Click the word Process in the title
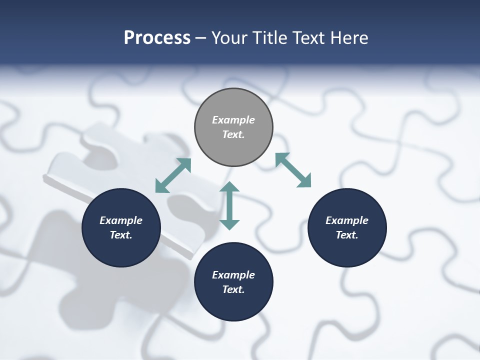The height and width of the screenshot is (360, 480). click(157, 38)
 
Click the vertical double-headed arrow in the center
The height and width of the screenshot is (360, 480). click(229, 205)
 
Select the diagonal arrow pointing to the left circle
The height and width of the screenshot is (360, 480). click(173, 175)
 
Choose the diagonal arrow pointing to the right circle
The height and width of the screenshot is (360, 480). click(293, 170)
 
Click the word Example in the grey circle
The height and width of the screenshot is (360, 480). click(233, 120)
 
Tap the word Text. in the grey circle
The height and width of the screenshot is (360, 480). click(233, 134)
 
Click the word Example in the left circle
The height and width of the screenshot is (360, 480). click(121, 220)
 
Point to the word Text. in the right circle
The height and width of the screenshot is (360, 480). click(347, 235)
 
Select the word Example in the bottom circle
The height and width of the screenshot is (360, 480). click(233, 275)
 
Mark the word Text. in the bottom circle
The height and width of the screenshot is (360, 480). click(233, 289)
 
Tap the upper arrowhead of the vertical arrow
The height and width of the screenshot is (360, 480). click(229, 187)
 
